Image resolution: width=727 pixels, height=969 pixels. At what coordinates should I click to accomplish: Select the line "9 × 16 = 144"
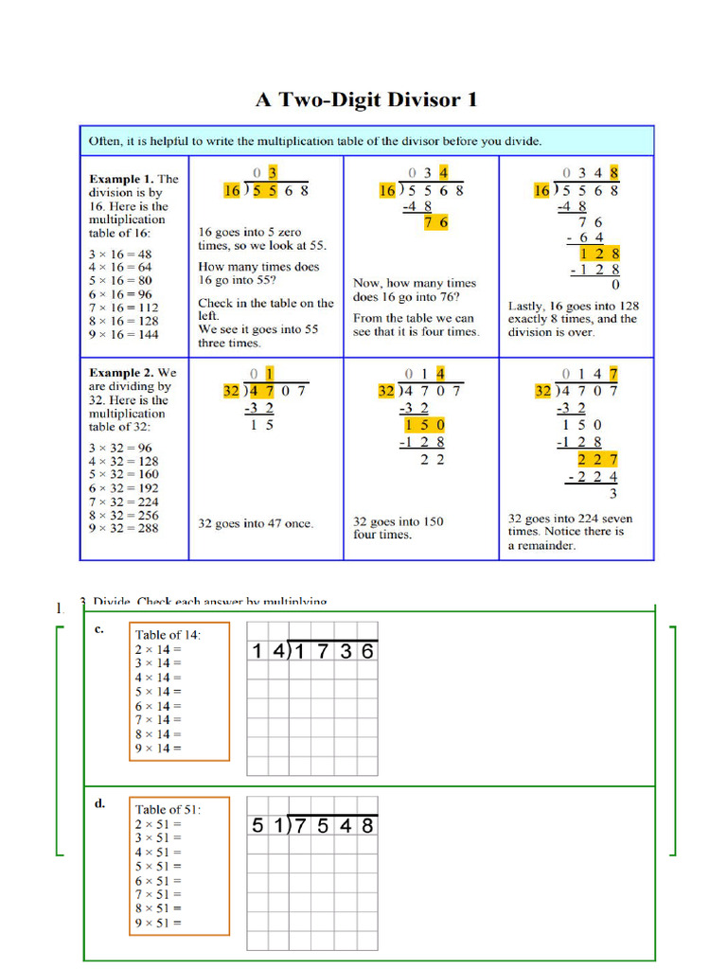[x=123, y=335]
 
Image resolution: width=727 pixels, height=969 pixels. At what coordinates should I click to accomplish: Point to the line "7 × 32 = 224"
[x=123, y=502]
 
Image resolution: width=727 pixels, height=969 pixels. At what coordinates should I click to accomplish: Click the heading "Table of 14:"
[x=168, y=635]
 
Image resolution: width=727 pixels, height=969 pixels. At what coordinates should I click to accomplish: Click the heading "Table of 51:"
[x=168, y=810]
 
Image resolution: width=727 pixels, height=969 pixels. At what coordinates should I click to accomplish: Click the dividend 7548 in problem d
[x=335, y=826]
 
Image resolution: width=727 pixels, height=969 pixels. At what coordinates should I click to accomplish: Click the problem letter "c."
[x=99, y=628]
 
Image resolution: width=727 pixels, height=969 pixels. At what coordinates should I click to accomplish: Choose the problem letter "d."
[x=99, y=803]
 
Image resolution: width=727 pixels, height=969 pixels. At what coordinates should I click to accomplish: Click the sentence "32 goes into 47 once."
[x=256, y=523]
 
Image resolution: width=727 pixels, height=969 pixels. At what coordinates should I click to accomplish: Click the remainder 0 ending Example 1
[x=615, y=285]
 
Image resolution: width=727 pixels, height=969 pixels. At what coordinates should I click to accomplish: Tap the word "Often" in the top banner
[x=104, y=141]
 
